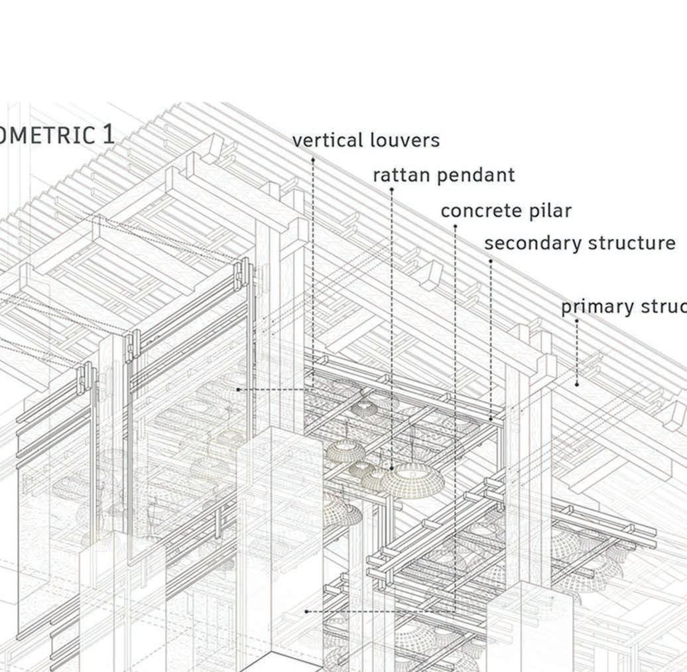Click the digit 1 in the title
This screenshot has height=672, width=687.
(x=107, y=135)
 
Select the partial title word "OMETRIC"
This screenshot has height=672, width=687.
(x=48, y=135)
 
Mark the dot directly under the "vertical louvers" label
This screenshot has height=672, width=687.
(x=313, y=159)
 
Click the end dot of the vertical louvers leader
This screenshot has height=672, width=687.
(x=238, y=389)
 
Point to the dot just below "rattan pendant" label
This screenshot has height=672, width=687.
(x=391, y=190)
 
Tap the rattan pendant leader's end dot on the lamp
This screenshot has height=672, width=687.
(x=391, y=468)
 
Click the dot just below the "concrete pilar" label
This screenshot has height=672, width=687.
(x=455, y=226)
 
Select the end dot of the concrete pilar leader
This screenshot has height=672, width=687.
(x=306, y=611)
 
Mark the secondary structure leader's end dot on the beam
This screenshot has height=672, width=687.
(x=491, y=419)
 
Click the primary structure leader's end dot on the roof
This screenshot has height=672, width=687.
(x=577, y=384)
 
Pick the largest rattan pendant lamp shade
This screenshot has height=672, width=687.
(x=412, y=479)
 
